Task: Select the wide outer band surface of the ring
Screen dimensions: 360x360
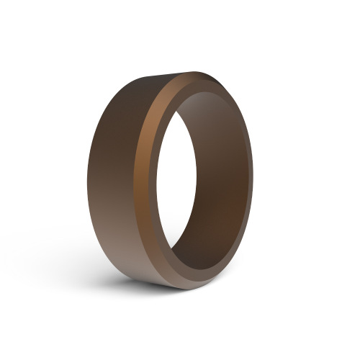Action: [x=115, y=180]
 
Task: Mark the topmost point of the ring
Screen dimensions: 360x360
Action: [x=196, y=72]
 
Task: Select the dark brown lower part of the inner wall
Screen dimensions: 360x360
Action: [x=216, y=238]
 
